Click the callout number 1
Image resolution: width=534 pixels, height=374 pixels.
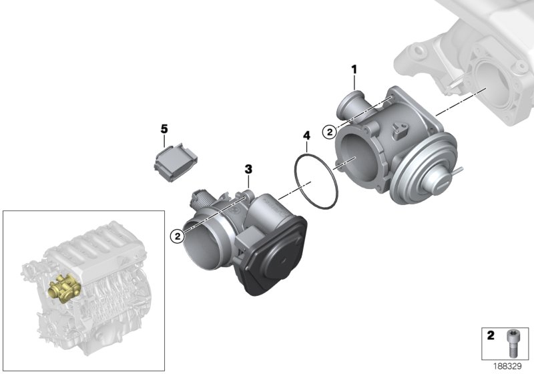click(354, 69)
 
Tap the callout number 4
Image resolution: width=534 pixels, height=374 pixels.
click(306, 136)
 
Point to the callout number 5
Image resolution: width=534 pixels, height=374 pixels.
click(162, 127)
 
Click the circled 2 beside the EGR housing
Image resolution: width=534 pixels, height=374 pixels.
click(329, 132)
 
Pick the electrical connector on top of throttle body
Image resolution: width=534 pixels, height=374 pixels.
click(202, 196)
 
